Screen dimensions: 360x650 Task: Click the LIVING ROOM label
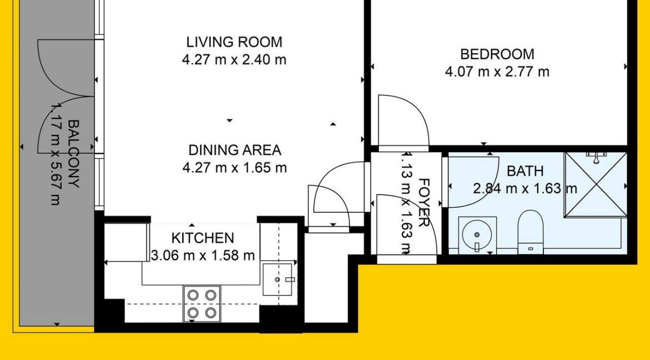234,42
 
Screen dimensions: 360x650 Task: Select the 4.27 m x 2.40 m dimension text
234,59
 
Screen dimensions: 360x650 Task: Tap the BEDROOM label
497,54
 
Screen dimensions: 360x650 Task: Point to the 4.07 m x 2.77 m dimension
497,72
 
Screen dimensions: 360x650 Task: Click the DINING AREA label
234,150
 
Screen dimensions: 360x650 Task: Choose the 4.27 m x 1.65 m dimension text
234,167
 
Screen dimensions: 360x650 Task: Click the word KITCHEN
203,238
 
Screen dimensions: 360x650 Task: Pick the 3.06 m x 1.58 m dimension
203,256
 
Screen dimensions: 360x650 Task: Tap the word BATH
525,171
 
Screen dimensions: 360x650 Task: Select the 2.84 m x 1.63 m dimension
525,188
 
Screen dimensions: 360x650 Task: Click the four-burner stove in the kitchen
202,304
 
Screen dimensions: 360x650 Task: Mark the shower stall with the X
596,184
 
